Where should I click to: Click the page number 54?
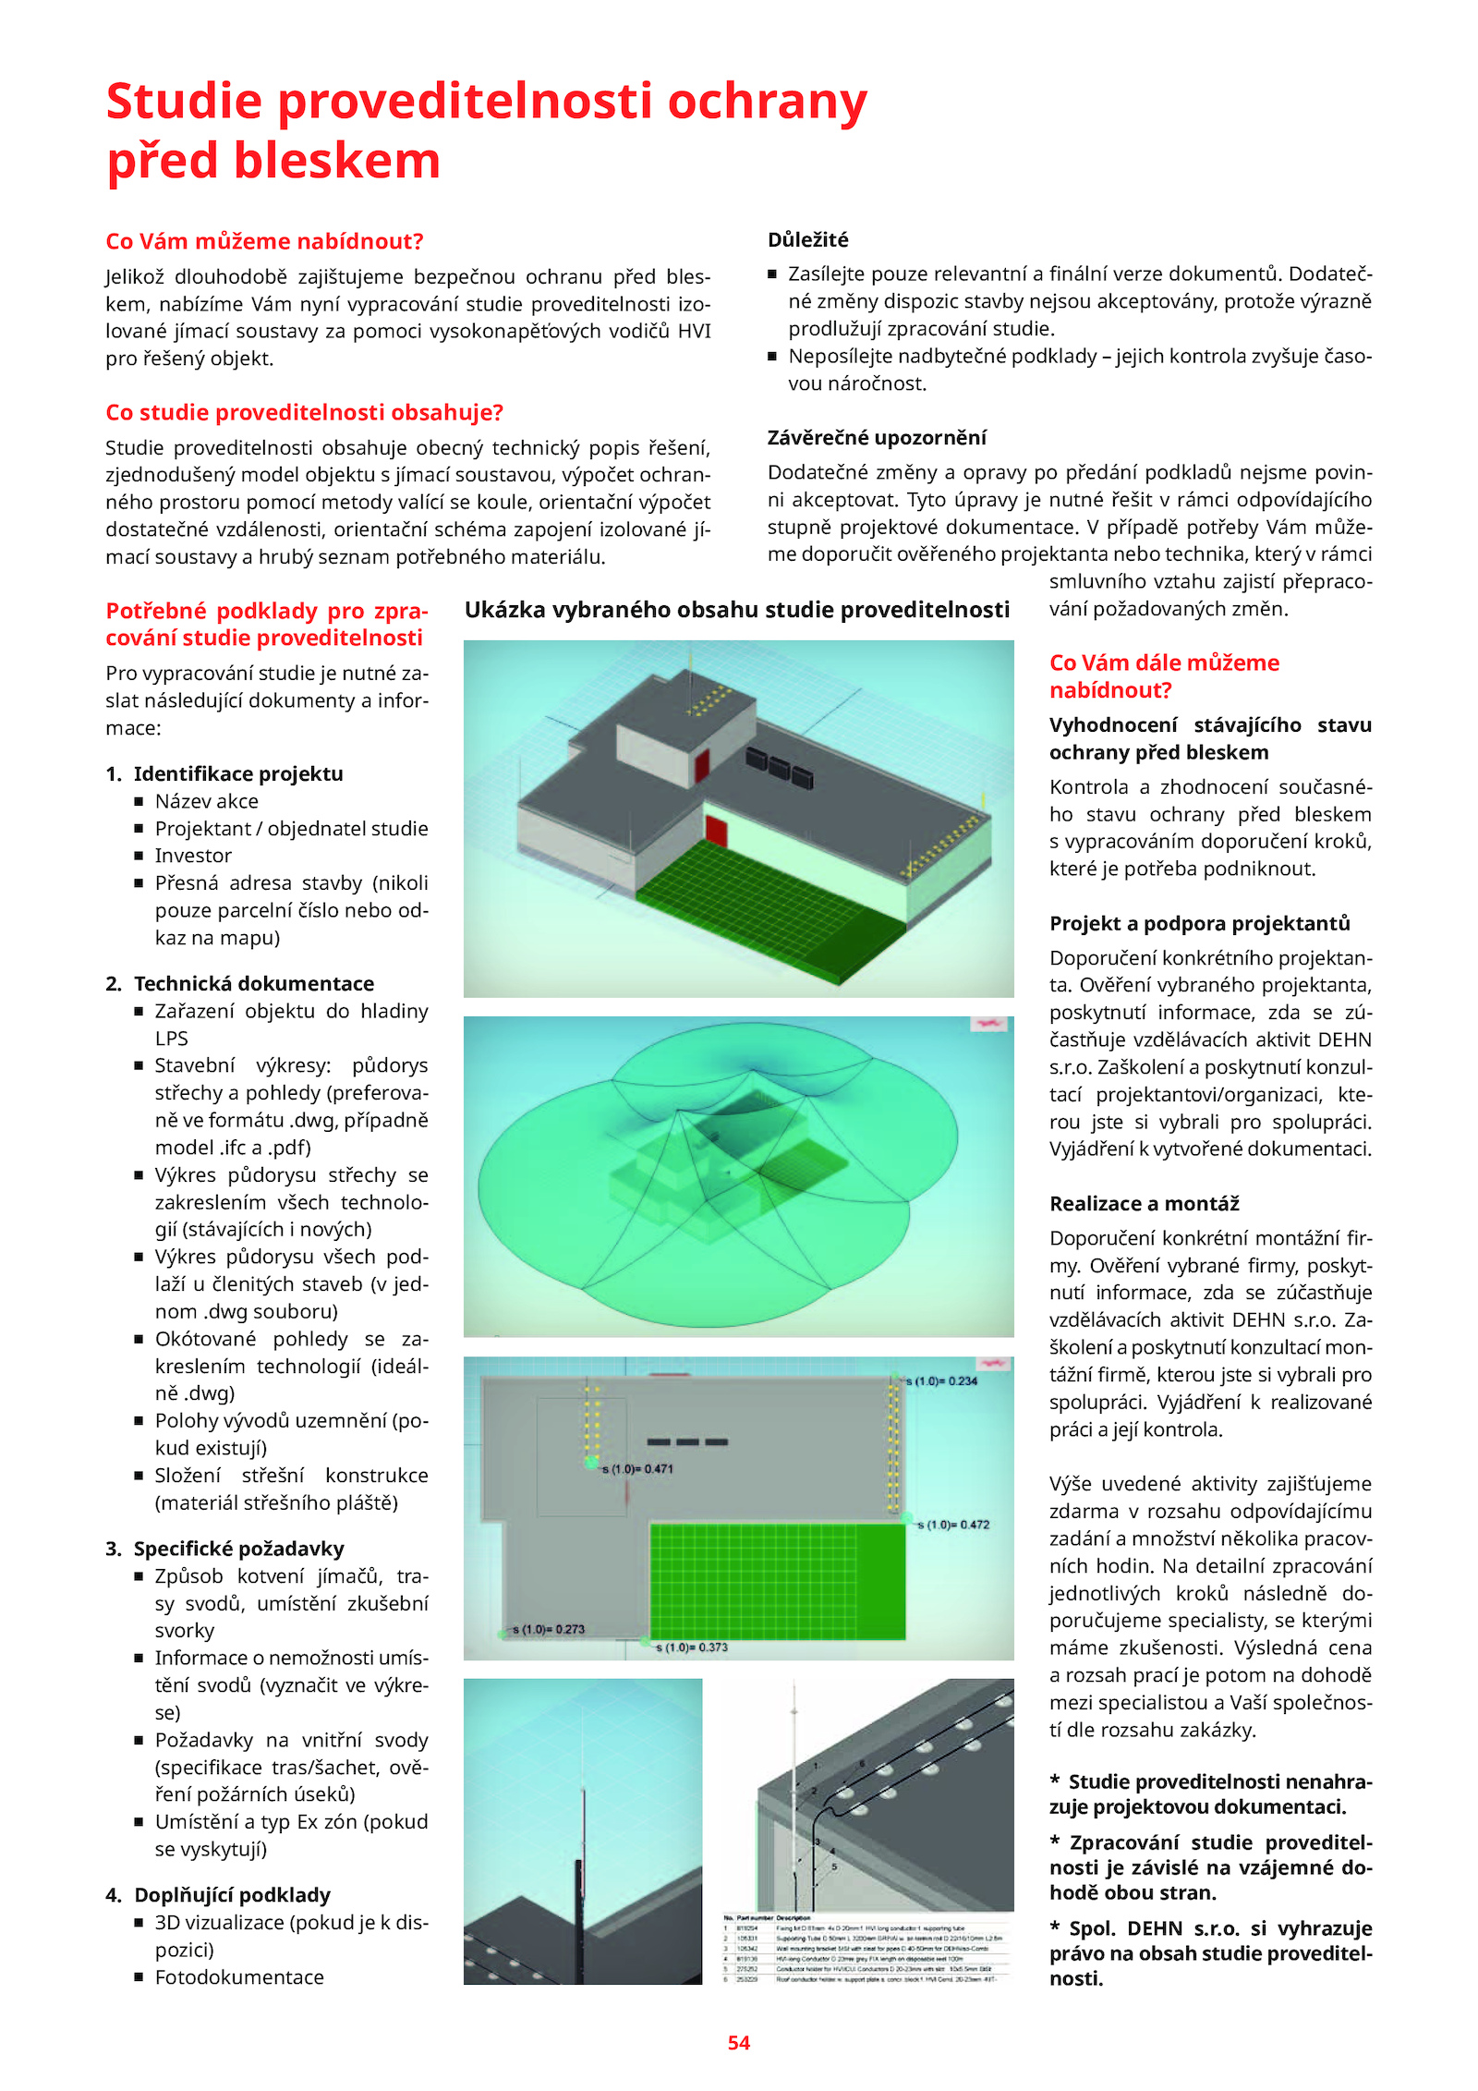pyautogui.click(x=738, y=2042)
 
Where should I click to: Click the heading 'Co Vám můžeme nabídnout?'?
pyautogui.click(x=264, y=241)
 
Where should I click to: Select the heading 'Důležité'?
pyautogui.click(x=807, y=240)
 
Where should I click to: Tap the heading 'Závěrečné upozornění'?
pyautogui.click(x=876, y=437)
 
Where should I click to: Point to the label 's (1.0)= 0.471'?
pyautogui.click(x=638, y=1468)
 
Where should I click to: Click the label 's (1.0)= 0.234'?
pyautogui.click(x=941, y=1380)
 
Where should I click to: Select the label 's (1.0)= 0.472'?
pyautogui.click(x=953, y=1524)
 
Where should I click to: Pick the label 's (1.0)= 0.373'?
pyautogui.click(x=692, y=1647)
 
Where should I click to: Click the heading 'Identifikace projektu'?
pyautogui.click(x=238, y=773)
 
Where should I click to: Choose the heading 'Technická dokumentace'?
pyautogui.click(x=254, y=983)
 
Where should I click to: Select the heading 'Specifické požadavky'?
pyautogui.click(x=238, y=1548)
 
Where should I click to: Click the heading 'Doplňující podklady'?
pyautogui.click(x=232, y=1894)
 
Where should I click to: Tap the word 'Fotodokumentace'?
pyautogui.click(x=239, y=1976)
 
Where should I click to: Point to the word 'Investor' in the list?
pyautogui.click(x=193, y=856)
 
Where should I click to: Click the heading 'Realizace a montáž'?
pyautogui.click(x=1144, y=1203)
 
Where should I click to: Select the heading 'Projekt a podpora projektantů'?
pyautogui.click(x=1199, y=923)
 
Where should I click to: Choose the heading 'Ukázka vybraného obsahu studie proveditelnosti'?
pyautogui.click(x=736, y=610)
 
